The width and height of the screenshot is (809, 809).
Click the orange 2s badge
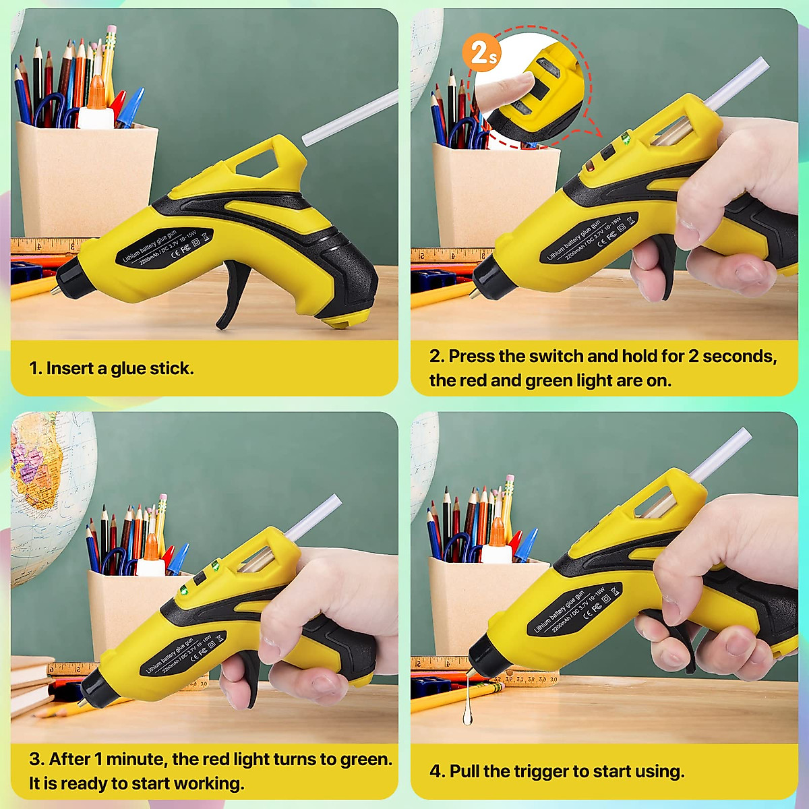tap(482, 53)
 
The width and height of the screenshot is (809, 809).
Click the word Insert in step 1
tap(69, 368)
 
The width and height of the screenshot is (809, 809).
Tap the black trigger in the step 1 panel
tap(233, 297)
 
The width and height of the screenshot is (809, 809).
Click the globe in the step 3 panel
tap(40, 485)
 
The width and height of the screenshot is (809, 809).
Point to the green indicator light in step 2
tap(626, 140)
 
